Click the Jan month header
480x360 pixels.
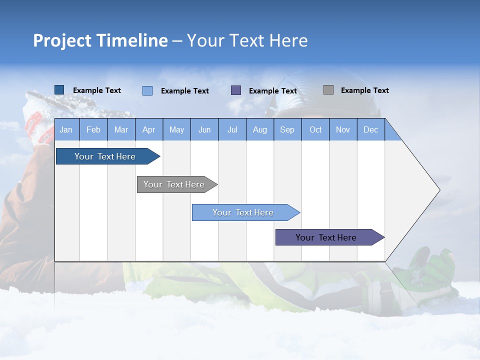[66, 129]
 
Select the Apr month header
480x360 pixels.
[148, 129]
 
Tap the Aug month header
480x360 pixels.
[259, 129]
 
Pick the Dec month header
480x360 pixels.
[370, 129]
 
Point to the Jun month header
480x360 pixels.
[204, 129]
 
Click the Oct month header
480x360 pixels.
[315, 129]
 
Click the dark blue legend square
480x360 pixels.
[59, 90]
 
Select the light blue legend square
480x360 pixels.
[147, 90]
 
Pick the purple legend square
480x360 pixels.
[235, 90]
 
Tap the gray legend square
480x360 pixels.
[328, 90]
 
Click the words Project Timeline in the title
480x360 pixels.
[100, 40]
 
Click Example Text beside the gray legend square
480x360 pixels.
[364, 90]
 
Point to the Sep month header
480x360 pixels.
[287, 129]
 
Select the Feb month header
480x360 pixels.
[93, 129]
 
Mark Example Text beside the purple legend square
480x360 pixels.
[272, 91]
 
